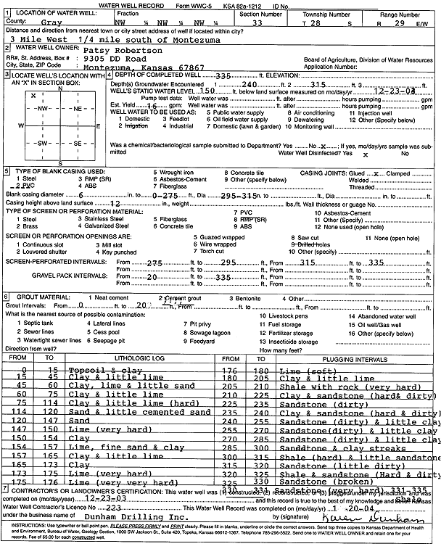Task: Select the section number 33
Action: tap(259, 23)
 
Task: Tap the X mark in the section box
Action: tap(33, 95)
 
